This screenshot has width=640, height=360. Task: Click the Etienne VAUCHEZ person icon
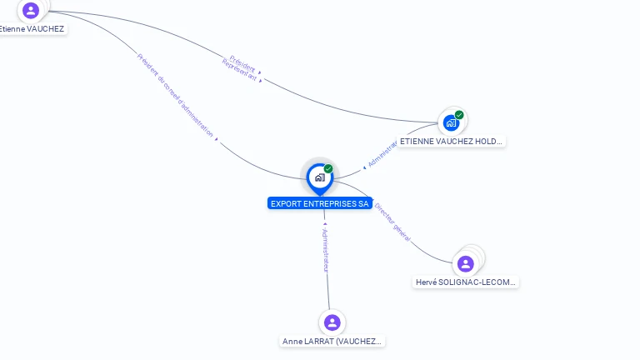[x=31, y=11]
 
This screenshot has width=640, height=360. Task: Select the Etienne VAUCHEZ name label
[x=33, y=29]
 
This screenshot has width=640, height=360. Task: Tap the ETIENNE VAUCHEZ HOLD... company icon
[x=451, y=123]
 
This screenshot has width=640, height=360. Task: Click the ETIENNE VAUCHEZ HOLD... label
[x=452, y=142]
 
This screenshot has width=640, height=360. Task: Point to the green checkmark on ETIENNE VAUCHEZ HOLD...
[x=459, y=115]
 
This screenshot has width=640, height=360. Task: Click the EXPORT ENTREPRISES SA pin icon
[x=319, y=177]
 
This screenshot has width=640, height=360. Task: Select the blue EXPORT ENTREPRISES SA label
[x=320, y=203]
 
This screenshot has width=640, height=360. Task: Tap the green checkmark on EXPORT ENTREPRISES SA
[x=328, y=169]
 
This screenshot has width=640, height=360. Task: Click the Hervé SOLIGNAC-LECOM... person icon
[x=466, y=264]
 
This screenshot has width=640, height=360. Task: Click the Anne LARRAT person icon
[x=332, y=322]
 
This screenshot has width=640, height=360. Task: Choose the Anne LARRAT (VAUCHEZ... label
[x=332, y=342]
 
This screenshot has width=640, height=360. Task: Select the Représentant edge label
[x=239, y=70]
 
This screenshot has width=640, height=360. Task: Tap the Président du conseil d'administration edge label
[x=176, y=95]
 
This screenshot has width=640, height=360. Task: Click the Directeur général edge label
[x=392, y=222]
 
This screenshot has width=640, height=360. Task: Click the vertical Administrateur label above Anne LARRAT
[x=326, y=250]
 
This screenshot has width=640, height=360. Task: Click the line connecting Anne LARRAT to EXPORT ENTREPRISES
[x=327, y=287]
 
